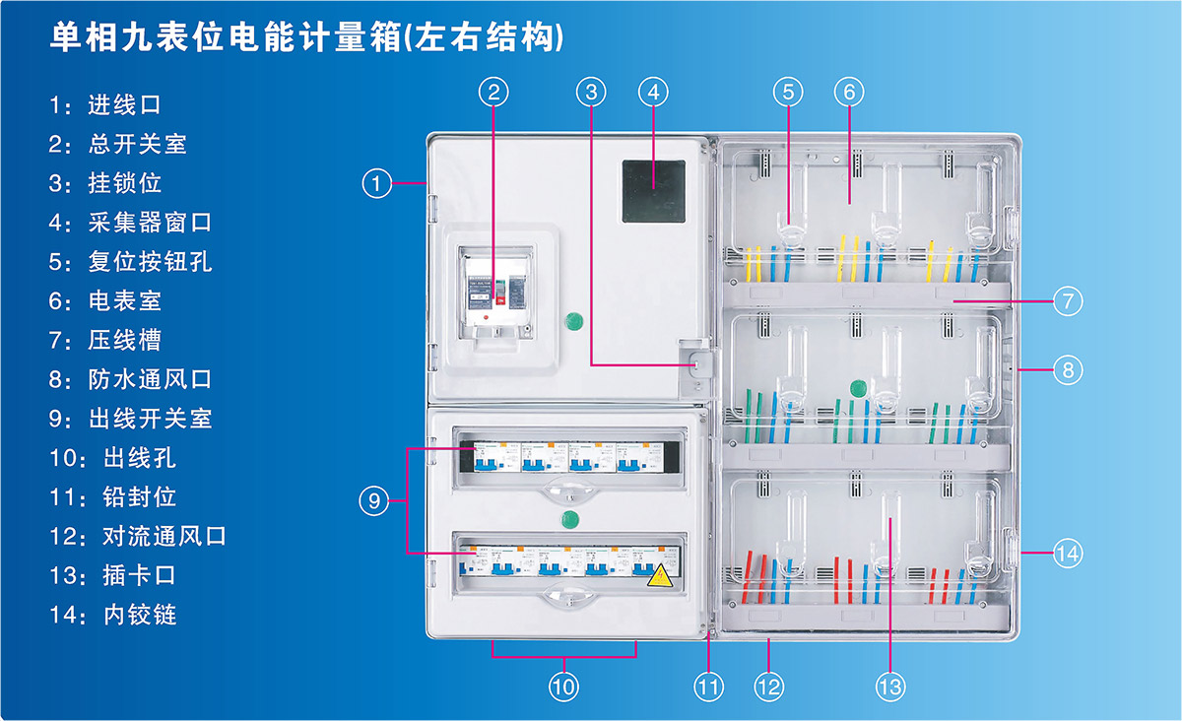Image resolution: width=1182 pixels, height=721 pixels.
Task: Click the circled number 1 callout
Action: coord(376,183)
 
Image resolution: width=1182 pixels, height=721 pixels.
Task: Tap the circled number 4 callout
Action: coord(652,93)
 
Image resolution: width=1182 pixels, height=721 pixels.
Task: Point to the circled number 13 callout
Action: coord(889,687)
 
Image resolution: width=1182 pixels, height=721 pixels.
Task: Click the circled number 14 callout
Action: coord(1067,554)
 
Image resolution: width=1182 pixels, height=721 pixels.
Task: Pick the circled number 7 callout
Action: coord(1067,300)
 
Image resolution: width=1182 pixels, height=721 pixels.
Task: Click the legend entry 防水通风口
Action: coord(149,379)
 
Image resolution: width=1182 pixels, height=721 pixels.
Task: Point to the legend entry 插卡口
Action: coord(139,575)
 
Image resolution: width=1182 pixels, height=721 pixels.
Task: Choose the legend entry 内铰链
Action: coord(139,615)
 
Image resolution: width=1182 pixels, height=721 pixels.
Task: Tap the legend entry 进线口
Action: coord(123,104)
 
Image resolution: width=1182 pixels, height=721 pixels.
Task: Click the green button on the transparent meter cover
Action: coord(858,386)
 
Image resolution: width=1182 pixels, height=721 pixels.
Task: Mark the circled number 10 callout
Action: coord(562,687)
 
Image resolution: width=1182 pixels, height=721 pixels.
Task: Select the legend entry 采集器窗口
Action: coord(149,223)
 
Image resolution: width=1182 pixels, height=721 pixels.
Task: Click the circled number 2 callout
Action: coord(494,93)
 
